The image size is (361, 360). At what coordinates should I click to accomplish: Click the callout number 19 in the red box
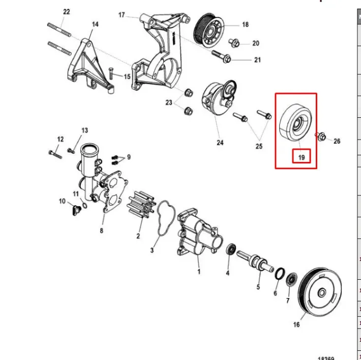tap(302, 157)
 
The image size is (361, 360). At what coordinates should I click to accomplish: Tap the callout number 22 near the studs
tap(67, 12)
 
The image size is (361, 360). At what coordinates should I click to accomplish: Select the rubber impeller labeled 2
tap(141, 204)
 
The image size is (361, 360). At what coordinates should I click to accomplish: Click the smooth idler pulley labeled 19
tap(295, 122)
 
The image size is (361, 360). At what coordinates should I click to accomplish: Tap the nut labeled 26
tap(321, 136)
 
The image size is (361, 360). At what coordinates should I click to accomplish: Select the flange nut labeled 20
tap(234, 43)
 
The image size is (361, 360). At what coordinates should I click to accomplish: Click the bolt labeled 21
tap(221, 56)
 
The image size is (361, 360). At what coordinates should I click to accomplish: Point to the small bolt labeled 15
tap(111, 73)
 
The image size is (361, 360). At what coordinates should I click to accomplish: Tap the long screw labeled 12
tap(55, 154)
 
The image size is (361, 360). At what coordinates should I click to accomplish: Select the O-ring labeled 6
tap(280, 274)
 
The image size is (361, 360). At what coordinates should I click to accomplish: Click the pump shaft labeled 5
tap(255, 261)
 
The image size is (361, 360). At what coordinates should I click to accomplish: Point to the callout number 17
tap(122, 15)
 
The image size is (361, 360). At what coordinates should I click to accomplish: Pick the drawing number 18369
tap(326, 358)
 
